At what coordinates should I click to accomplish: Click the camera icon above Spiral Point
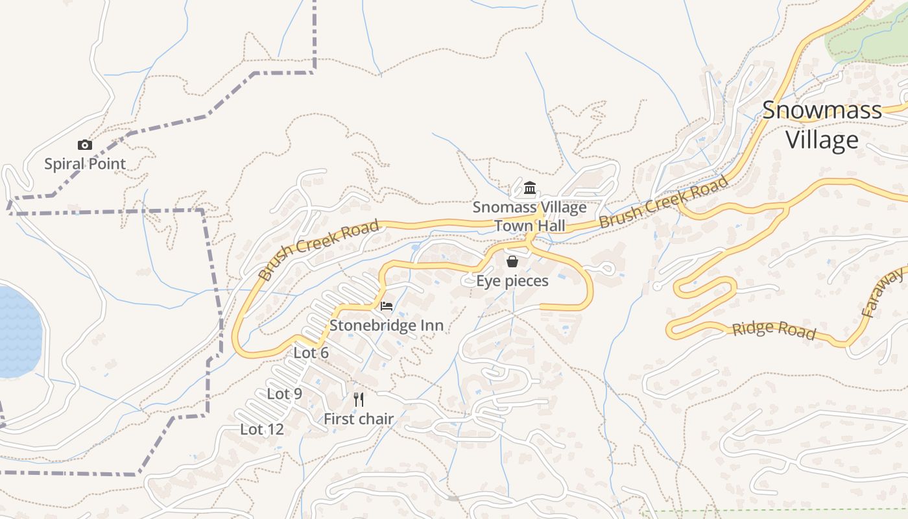coord(85,145)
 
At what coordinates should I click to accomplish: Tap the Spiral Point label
coord(85,163)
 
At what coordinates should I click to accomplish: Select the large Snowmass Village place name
coord(822,125)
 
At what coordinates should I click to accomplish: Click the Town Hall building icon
coord(530,188)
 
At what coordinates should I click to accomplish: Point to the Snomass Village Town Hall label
coord(529,217)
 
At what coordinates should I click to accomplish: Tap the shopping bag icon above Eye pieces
coord(512,261)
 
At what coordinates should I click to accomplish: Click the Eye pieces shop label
coord(512,281)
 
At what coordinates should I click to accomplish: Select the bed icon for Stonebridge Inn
coord(387,306)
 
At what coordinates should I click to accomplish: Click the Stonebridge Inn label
coord(387,325)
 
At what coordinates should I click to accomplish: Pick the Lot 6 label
coord(311,353)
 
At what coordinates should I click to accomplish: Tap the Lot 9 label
coord(285,394)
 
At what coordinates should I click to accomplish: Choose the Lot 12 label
coord(262,429)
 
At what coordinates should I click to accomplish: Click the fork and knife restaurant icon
coord(359,399)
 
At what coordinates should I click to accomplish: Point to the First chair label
coord(359,419)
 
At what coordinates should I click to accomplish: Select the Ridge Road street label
coord(773,329)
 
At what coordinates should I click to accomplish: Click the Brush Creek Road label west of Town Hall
coord(318,250)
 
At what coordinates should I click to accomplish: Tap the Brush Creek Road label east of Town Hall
coord(663,202)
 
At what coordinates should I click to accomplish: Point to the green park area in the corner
coord(866,36)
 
